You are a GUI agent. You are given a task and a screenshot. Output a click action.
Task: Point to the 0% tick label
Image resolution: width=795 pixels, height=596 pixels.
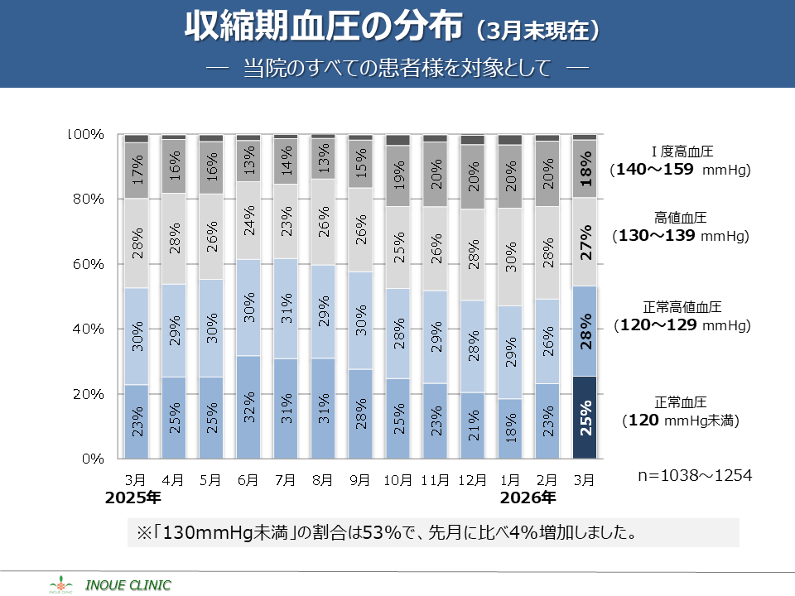point(90,458)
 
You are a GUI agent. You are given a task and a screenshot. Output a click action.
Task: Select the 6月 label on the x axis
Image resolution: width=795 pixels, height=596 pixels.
point(248,478)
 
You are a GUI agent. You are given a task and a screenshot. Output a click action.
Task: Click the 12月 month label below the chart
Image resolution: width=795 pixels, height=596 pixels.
point(473,478)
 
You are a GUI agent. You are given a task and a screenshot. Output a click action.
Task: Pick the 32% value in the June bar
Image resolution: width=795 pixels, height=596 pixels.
point(249,407)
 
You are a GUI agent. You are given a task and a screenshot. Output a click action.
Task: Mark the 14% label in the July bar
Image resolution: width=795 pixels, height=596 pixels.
point(286,162)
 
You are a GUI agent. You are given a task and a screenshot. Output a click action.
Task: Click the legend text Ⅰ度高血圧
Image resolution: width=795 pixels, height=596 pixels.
point(682,151)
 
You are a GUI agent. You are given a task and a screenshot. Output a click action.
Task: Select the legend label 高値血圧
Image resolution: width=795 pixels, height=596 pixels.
point(680,219)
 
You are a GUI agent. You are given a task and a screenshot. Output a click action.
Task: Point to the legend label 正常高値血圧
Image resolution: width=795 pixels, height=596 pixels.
point(680,307)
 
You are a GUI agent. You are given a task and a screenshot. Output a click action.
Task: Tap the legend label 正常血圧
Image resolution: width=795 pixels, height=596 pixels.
point(680,402)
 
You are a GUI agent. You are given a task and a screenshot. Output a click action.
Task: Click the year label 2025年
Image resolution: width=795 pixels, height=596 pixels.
point(132,498)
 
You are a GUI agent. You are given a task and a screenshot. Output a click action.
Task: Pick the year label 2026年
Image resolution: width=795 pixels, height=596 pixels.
point(528,498)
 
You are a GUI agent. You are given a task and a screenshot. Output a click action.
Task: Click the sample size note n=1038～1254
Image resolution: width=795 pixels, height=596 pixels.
point(695,476)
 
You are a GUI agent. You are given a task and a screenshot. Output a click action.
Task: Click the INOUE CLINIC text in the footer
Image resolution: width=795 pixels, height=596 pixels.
point(128,585)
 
